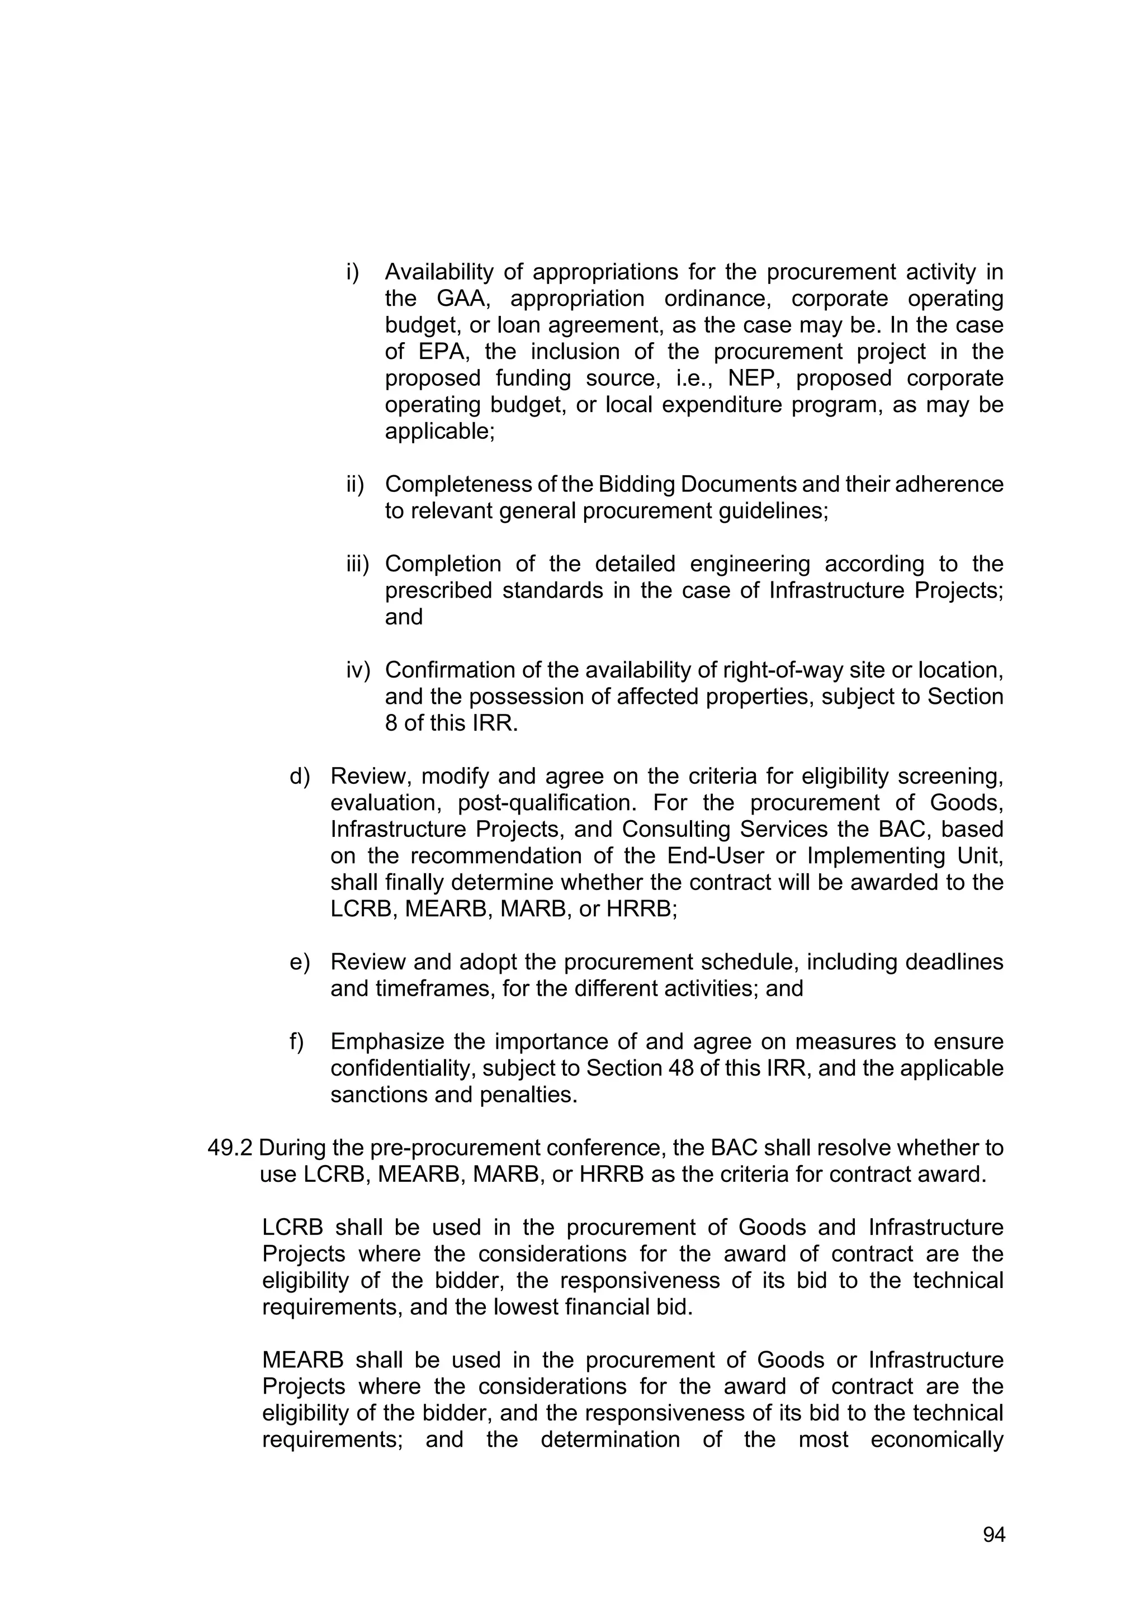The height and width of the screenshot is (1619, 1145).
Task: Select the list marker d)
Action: (x=300, y=777)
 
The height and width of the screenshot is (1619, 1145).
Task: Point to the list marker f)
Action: (x=297, y=1042)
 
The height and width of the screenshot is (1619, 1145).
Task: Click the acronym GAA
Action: (x=462, y=299)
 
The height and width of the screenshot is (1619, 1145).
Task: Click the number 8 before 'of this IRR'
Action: (x=391, y=723)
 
